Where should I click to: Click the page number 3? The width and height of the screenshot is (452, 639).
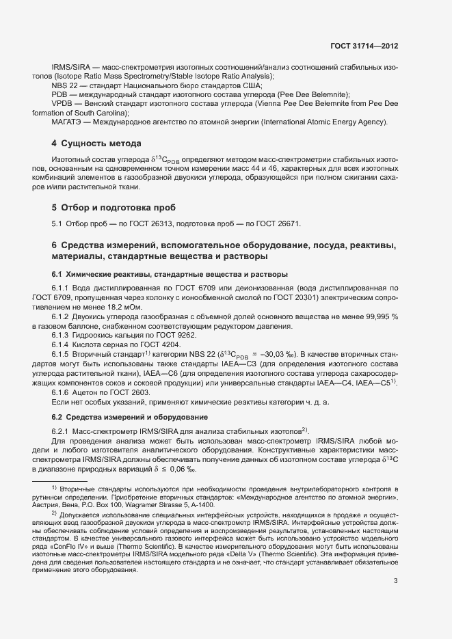(x=396, y=562)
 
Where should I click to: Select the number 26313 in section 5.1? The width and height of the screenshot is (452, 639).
(x=162, y=224)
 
